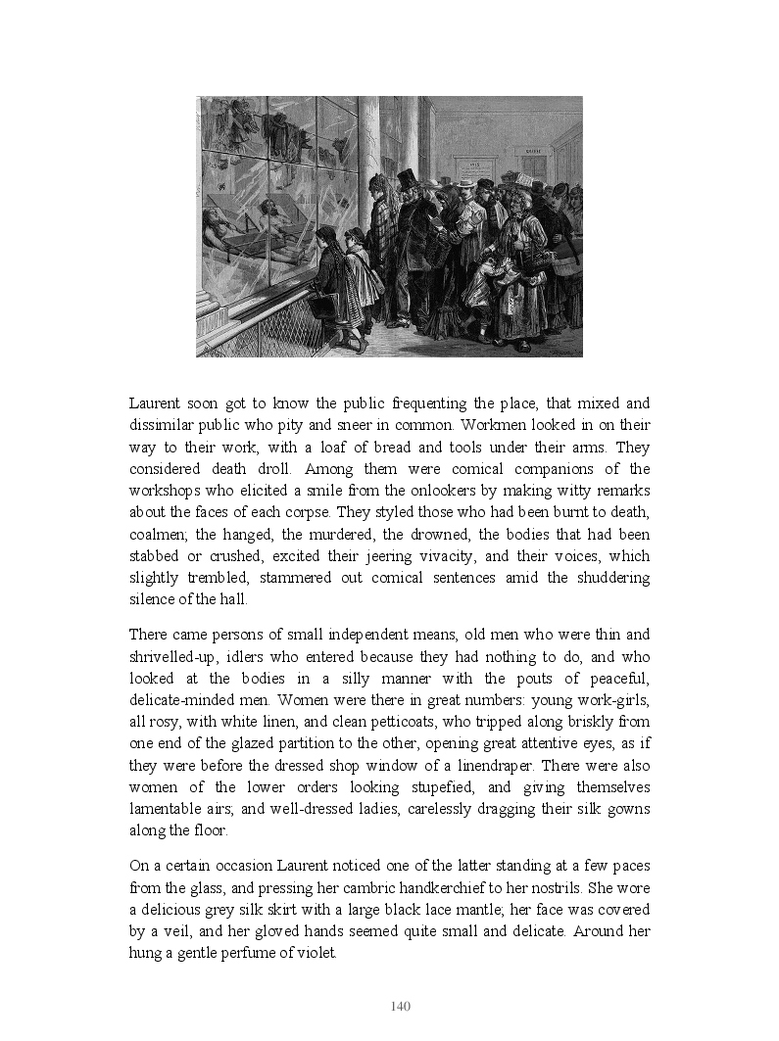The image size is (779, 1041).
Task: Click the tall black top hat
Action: pyautogui.click(x=406, y=178)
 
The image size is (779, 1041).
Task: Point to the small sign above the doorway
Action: pyautogui.click(x=534, y=152)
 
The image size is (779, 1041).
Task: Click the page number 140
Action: pyautogui.click(x=400, y=1006)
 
